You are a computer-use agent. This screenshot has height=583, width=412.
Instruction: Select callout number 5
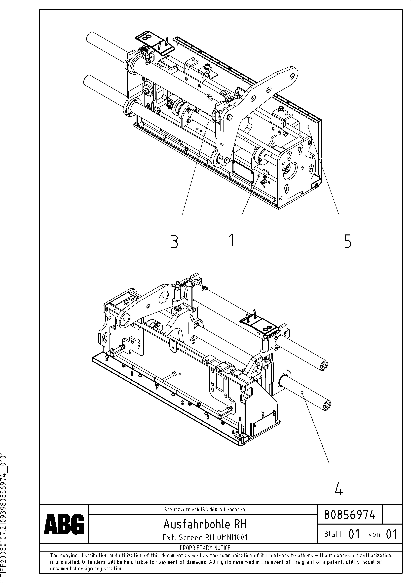(x=347, y=241)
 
